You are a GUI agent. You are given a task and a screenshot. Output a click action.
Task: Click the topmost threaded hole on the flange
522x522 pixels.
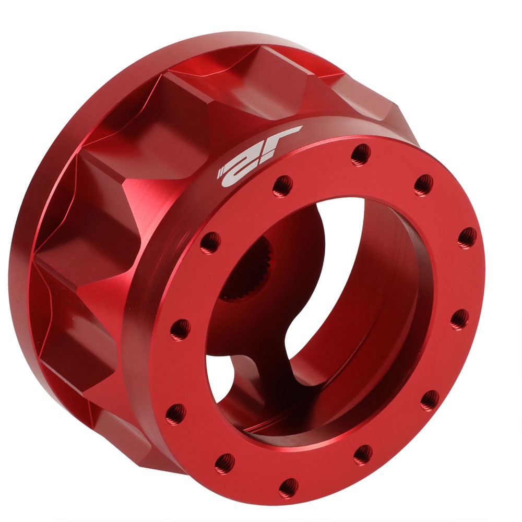(x=361, y=154)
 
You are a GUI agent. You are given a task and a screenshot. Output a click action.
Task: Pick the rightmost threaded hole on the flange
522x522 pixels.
(x=467, y=238)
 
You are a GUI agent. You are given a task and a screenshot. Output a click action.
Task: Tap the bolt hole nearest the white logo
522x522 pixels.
(x=282, y=185)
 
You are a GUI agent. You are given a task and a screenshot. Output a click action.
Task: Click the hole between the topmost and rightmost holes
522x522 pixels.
(x=423, y=185)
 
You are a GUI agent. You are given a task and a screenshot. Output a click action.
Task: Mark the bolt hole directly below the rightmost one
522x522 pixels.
(x=459, y=319)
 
